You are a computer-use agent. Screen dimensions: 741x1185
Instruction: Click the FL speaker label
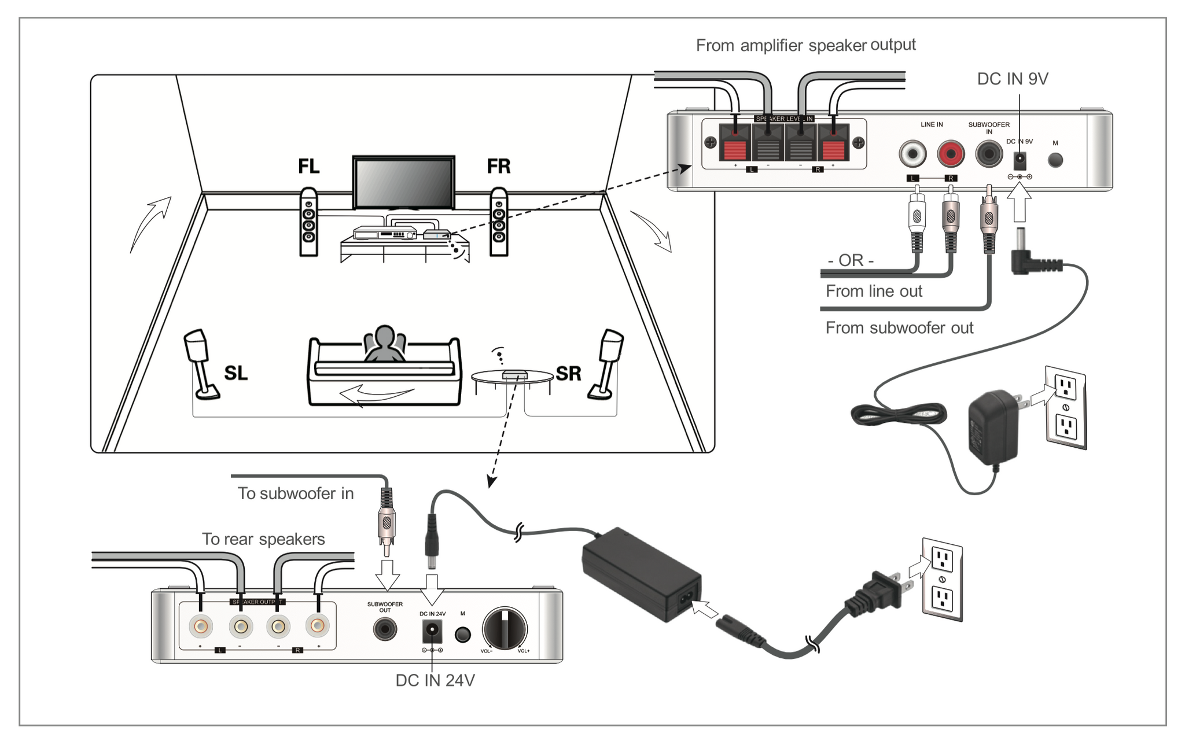308,167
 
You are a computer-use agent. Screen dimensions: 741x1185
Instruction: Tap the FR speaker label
498,167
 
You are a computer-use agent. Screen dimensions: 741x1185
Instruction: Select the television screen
403,182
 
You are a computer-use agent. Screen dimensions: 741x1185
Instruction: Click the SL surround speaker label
235,373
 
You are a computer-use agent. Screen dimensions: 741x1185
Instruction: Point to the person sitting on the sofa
384,345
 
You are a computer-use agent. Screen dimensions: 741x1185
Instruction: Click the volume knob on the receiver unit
505,629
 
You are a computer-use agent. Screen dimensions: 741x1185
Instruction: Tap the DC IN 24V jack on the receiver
432,632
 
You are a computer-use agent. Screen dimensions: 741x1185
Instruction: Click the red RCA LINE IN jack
951,154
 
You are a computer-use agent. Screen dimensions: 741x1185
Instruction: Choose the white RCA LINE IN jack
912,154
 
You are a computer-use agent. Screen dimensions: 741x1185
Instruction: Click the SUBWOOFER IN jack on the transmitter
988,154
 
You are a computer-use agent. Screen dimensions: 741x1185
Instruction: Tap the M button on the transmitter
1055,160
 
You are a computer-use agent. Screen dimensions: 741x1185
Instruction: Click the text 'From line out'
874,291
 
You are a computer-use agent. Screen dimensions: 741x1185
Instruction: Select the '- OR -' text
851,260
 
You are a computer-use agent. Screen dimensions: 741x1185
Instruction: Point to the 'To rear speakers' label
263,539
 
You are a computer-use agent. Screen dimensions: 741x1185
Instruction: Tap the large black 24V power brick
641,574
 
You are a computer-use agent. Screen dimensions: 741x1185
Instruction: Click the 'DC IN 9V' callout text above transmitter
1012,79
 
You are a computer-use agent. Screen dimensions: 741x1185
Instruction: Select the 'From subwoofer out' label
899,328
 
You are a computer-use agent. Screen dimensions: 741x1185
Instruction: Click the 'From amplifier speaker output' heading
805,45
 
